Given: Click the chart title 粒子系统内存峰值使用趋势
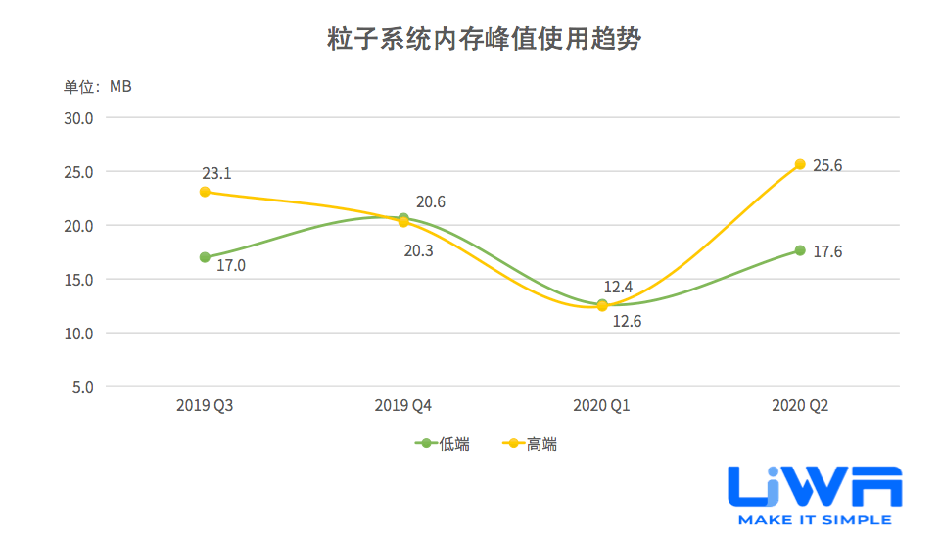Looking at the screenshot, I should point(484,39).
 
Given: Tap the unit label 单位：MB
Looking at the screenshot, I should point(97,87).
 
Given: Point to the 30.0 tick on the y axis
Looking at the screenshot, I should point(78,119).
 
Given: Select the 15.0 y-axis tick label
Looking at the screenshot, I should point(78,280).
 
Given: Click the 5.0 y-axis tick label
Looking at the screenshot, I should point(82,388).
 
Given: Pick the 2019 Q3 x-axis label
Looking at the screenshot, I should point(205,405).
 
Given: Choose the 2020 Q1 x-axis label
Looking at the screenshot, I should point(601,405).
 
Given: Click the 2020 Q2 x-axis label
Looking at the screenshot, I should point(800,405).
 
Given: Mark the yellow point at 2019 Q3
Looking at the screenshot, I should point(205,192).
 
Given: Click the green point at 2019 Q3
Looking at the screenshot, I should point(205,257).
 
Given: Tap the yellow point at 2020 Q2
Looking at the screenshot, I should point(800,164).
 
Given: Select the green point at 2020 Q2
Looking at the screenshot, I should point(800,250).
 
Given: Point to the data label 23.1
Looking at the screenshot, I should point(216,174).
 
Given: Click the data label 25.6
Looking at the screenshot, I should point(827,166).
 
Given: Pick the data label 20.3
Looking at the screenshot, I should point(419,251).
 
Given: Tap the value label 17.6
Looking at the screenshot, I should point(827,252).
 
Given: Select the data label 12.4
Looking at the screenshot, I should point(618,287).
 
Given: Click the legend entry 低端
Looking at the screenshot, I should point(443,444).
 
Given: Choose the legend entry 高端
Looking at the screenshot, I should point(530,444).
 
